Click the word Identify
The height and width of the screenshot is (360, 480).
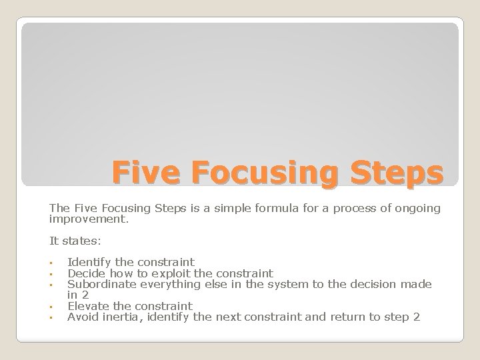pos(89,262)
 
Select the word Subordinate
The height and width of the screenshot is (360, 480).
pos(99,284)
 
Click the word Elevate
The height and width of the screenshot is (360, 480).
pos(87,306)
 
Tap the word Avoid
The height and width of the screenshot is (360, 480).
pos(83,317)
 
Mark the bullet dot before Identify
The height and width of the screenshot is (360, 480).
pos(51,263)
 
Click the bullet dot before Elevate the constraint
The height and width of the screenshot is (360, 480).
pos(51,307)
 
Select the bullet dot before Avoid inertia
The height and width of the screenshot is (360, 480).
pos(51,318)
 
